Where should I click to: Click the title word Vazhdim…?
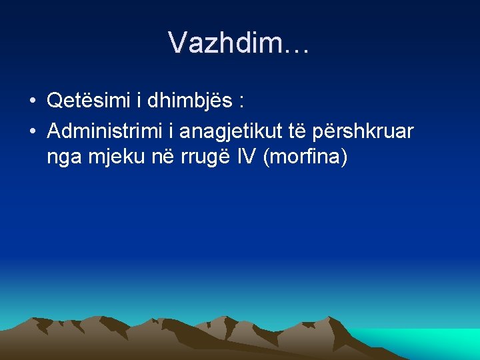(x=239, y=43)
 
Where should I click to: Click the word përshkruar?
(x=371, y=131)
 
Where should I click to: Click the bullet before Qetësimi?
(x=33, y=102)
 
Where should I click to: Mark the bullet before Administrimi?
(x=33, y=132)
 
